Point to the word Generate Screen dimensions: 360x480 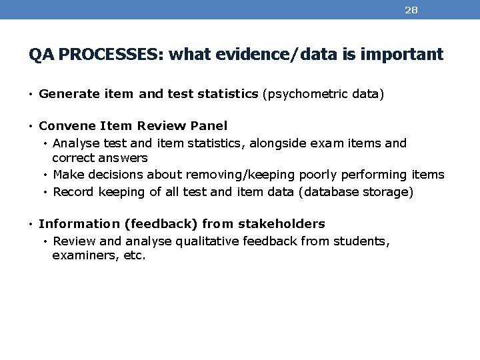(x=65, y=95)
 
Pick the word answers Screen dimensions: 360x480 (x=123, y=159)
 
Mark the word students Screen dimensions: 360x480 (x=365, y=241)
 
